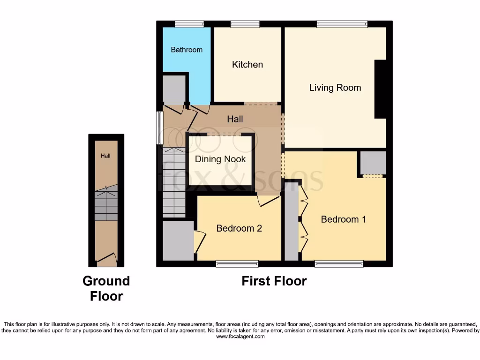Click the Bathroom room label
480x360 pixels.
(x=187, y=50)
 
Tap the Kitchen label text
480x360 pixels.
(x=247, y=64)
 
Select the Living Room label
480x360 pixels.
(x=335, y=88)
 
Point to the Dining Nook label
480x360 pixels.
(x=220, y=159)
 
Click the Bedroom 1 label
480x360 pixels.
(x=344, y=219)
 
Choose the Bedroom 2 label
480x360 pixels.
(x=239, y=228)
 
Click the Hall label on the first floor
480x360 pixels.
(x=235, y=119)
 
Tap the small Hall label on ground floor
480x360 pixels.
(x=106, y=156)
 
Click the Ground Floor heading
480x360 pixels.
(x=106, y=288)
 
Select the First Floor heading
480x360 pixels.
(x=274, y=281)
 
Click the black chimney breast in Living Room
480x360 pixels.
(x=380, y=89)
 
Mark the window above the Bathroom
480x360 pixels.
(x=189, y=24)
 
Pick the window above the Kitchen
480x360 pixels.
(x=245, y=24)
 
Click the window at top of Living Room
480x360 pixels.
(x=342, y=24)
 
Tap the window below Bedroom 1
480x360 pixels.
(x=339, y=264)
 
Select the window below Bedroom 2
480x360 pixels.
(x=237, y=264)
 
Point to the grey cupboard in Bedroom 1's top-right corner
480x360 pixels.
(x=373, y=163)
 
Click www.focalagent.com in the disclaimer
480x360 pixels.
(x=240, y=337)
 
